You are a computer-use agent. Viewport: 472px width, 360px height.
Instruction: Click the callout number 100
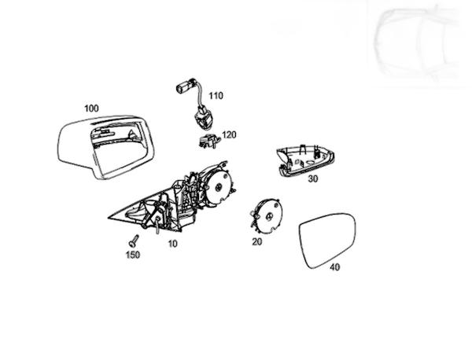click(x=91, y=107)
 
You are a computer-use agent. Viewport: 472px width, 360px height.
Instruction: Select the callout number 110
click(x=216, y=96)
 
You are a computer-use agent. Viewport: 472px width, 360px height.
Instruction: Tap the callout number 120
click(x=229, y=134)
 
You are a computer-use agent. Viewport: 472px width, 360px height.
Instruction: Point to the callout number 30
click(x=312, y=178)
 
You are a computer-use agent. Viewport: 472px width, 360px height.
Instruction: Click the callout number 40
click(x=334, y=267)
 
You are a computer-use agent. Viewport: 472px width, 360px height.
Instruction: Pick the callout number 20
click(x=256, y=242)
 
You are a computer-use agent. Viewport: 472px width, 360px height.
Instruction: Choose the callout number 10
click(x=172, y=244)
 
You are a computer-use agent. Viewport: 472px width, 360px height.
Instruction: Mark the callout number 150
click(x=133, y=255)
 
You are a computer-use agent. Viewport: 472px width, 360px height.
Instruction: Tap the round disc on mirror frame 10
click(x=221, y=186)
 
